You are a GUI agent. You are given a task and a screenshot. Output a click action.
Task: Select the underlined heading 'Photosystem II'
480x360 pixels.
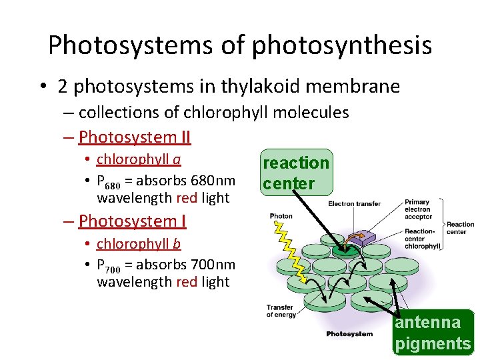[x=135, y=137]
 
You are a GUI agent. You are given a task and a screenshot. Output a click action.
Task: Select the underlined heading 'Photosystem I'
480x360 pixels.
[x=132, y=221]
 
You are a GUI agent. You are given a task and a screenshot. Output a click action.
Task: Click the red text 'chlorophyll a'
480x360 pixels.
[x=139, y=159]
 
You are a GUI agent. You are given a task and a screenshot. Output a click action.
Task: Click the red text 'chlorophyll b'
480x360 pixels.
[x=139, y=244]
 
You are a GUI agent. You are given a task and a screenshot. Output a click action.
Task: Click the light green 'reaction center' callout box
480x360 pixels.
[x=296, y=173]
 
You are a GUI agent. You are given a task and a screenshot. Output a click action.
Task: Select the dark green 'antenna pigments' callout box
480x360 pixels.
[x=433, y=333]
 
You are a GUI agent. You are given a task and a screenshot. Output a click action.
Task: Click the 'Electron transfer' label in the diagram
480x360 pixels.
[x=355, y=204]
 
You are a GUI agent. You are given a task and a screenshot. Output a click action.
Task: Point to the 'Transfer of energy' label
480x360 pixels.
[x=281, y=311]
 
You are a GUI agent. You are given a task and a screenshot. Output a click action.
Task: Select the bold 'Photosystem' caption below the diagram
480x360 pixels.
[x=349, y=333]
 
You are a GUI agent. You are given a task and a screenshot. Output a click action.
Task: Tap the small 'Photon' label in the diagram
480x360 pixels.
[x=281, y=216]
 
